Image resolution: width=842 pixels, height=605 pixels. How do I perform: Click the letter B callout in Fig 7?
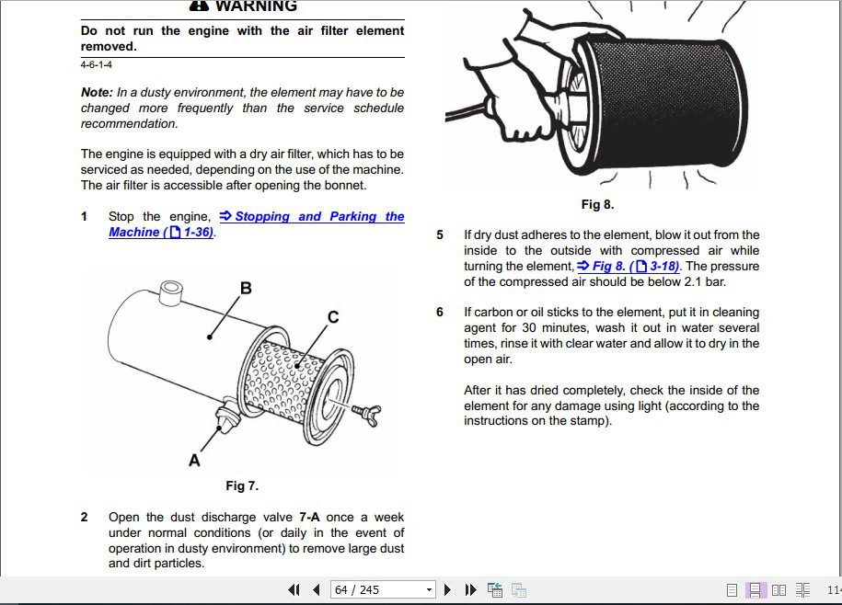point(246,289)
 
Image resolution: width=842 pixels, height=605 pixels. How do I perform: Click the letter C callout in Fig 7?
point(333,317)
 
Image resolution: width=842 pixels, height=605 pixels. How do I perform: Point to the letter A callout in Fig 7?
point(194,460)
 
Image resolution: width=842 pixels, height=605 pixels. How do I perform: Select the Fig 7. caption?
point(242,485)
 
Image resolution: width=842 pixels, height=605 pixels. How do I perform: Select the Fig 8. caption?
point(597,204)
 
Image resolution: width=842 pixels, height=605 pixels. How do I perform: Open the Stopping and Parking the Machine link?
point(257,224)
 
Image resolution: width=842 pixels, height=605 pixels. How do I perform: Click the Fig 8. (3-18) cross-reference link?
point(629,266)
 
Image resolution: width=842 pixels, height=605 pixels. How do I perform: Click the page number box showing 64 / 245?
point(382,590)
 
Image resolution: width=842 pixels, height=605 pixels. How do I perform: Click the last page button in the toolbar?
point(471,590)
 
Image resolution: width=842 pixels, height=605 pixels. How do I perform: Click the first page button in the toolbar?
point(294,590)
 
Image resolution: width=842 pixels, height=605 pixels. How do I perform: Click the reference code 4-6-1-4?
point(97,65)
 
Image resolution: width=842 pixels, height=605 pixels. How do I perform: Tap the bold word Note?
point(97,92)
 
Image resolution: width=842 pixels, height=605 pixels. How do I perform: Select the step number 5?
point(440,235)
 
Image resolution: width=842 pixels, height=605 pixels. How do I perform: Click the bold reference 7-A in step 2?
point(309,517)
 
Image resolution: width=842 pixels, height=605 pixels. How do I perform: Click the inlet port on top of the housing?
point(171,291)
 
